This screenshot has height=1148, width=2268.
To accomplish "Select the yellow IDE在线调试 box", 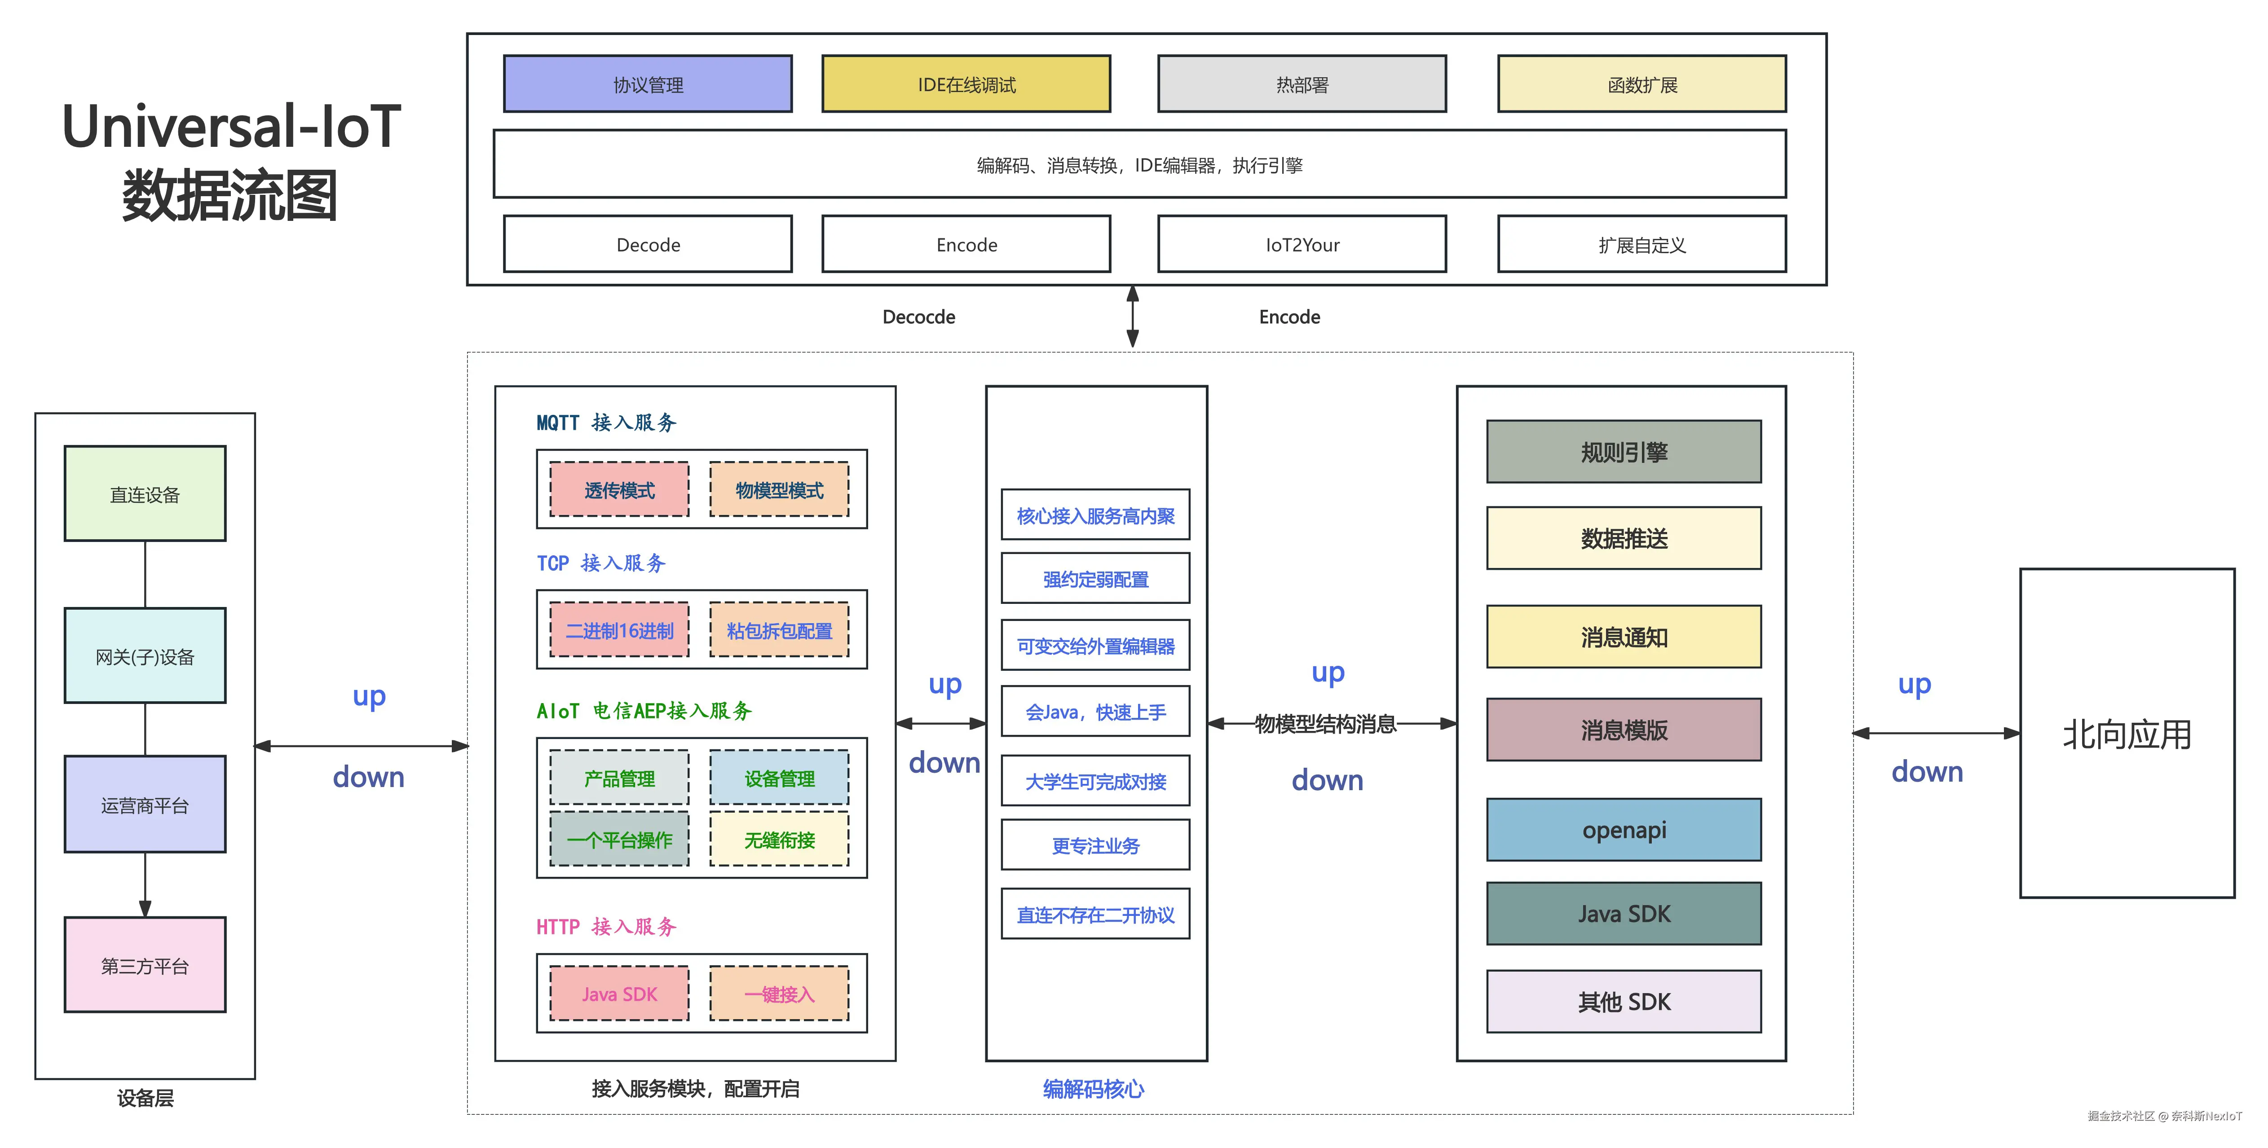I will coord(966,84).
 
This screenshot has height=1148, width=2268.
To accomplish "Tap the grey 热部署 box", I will coord(1301,84).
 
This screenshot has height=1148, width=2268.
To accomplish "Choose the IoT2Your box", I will coord(1301,245).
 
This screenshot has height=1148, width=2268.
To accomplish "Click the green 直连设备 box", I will coord(145,494).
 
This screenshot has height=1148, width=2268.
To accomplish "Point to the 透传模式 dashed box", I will coord(619,490).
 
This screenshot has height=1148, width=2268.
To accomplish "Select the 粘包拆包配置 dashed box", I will coord(779,630).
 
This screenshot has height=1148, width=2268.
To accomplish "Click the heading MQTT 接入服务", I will coord(606,422).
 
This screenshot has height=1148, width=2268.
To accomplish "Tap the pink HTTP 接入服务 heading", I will coord(606,926).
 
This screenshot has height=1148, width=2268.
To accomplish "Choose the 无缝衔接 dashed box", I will coord(779,840).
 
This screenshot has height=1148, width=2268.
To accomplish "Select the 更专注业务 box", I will coord(1095,845).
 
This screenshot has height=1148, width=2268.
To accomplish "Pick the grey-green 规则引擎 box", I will coord(1624,452).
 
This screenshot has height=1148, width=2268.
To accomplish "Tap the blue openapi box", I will coord(1624,829).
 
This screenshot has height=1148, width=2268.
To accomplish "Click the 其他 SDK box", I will coord(1624,1001).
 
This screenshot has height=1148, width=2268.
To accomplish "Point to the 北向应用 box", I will coord(2126,733).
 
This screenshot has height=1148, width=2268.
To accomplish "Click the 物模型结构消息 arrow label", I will coord(1325,724).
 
